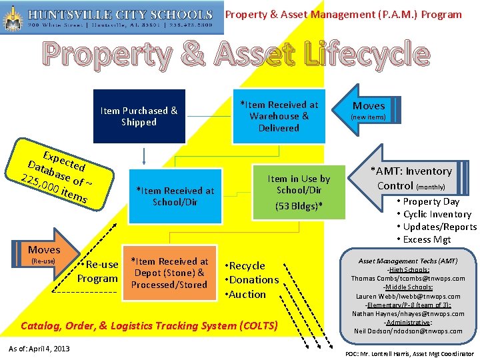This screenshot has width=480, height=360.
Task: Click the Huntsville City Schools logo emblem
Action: point(12,17)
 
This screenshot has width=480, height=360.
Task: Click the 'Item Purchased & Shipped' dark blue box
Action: point(139,116)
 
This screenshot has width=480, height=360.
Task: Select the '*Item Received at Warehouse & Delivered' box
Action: point(279,116)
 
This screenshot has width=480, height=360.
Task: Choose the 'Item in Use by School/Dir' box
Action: point(299,189)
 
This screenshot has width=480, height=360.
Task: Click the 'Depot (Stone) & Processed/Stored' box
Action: point(169,273)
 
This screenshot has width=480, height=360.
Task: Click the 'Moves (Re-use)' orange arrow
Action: point(44,255)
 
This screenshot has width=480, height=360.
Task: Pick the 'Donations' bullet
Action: point(253,280)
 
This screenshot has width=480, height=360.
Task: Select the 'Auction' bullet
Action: point(247,294)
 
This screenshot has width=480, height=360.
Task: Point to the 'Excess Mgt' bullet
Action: point(427,239)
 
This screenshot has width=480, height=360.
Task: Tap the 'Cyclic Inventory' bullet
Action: point(437,214)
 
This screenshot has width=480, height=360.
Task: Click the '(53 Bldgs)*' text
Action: point(299,206)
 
